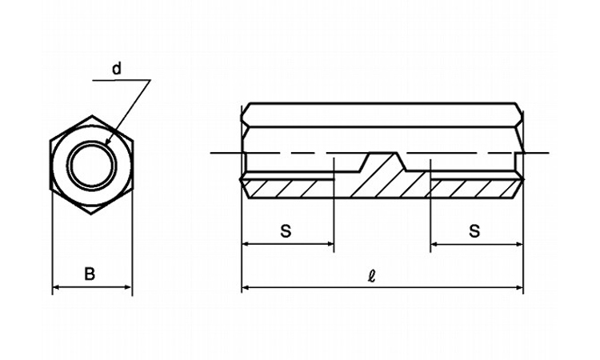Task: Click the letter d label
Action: coord(117,69)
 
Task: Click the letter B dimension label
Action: coord(89,274)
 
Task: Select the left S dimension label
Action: coord(286,230)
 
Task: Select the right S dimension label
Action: coord(474,230)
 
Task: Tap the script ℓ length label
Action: coord(371,276)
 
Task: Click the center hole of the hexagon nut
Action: coord(91,165)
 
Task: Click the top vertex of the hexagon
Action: coord(92,115)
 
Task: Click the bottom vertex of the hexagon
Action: coord(91,214)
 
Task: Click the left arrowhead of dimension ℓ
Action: coord(244,287)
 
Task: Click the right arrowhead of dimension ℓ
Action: coord(521,287)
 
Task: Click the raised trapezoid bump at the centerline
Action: coord(382,161)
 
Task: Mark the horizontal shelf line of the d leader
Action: coord(122,80)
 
